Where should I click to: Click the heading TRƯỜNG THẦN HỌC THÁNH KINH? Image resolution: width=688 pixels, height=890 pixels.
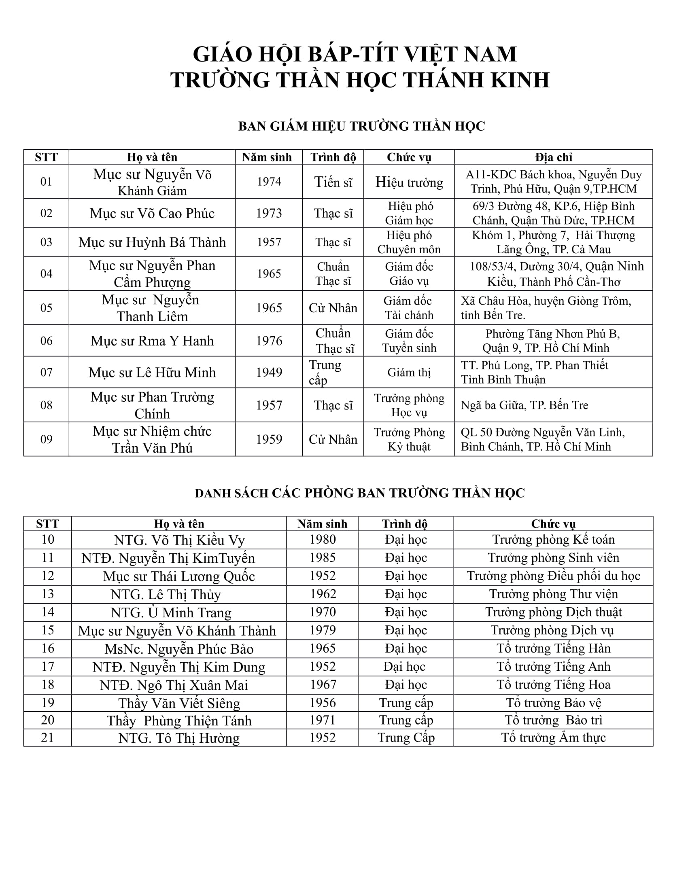(360, 80)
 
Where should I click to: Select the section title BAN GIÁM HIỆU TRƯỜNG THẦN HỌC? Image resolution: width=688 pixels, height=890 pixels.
(361, 126)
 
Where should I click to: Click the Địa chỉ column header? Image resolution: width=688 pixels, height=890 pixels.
(554, 157)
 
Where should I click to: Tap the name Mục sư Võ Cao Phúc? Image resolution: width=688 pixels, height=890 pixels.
(152, 214)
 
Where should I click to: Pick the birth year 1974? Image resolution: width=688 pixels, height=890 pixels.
(269, 182)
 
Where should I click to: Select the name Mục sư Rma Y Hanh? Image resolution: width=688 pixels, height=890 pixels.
(152, 341)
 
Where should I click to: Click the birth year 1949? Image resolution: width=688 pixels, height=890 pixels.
(269, 373)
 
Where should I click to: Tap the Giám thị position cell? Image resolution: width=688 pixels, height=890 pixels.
(409, 373)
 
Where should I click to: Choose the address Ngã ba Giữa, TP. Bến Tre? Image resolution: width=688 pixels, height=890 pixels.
(524, 405)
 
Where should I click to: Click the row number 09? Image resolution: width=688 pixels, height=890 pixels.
(47, 439)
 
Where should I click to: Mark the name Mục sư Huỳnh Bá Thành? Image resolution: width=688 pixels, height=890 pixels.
(152, 242)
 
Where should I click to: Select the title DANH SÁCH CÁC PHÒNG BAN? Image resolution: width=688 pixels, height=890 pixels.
(359, 494)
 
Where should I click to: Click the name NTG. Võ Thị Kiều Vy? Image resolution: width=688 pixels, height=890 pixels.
(179, 540)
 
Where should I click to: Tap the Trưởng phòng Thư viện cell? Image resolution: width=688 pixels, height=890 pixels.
(553, 594)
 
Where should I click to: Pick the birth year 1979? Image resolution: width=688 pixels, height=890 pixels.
(323, 630)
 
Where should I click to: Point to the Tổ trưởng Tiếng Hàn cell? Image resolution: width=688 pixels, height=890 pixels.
(553, 648)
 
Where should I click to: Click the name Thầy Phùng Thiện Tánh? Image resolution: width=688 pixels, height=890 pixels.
(179, 721)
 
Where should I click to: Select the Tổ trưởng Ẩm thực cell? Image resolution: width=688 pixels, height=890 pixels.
(553, 738)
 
